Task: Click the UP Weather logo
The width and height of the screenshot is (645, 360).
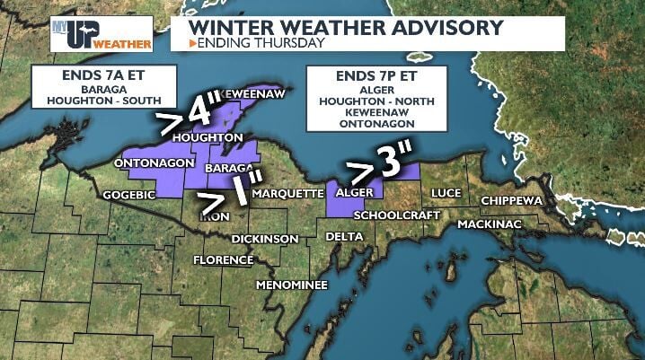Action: [x=101, y=33]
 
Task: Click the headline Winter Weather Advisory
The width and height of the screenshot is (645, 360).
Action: [x=345, y=27]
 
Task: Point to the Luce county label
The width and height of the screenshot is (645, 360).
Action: [x=446, y=193]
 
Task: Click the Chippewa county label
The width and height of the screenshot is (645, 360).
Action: [x=512, y=200]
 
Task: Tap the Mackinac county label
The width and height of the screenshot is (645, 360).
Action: [x=490, y=224]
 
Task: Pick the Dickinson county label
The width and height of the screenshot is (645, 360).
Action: [x=264, y=239]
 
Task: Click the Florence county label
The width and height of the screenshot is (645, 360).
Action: [x=224, y=260]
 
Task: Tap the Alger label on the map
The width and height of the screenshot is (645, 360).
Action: [x=354, y=193]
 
